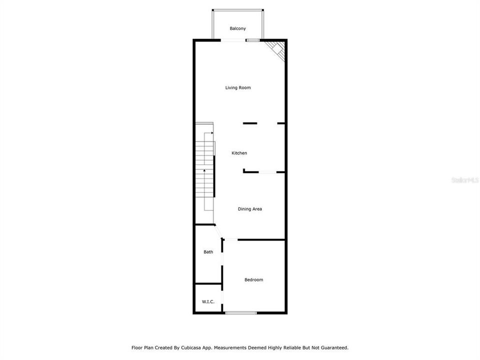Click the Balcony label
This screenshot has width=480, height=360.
[237, 28]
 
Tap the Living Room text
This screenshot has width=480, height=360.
[237, 87]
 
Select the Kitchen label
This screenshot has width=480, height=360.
[239, 153]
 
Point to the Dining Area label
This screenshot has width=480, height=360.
[249, 209]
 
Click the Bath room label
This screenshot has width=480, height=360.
[208, 252]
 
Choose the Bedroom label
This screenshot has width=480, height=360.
[253, 279]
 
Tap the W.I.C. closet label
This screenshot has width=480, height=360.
[208, 301]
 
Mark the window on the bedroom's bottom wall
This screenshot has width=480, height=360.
[240, 313]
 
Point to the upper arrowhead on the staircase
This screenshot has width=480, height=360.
[212, 133]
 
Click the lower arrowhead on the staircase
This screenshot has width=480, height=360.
[204, 171]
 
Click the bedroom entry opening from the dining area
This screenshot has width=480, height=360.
[230, 240]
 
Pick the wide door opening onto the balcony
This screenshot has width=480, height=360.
[233, 40]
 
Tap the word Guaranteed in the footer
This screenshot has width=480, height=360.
[333, 347]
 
